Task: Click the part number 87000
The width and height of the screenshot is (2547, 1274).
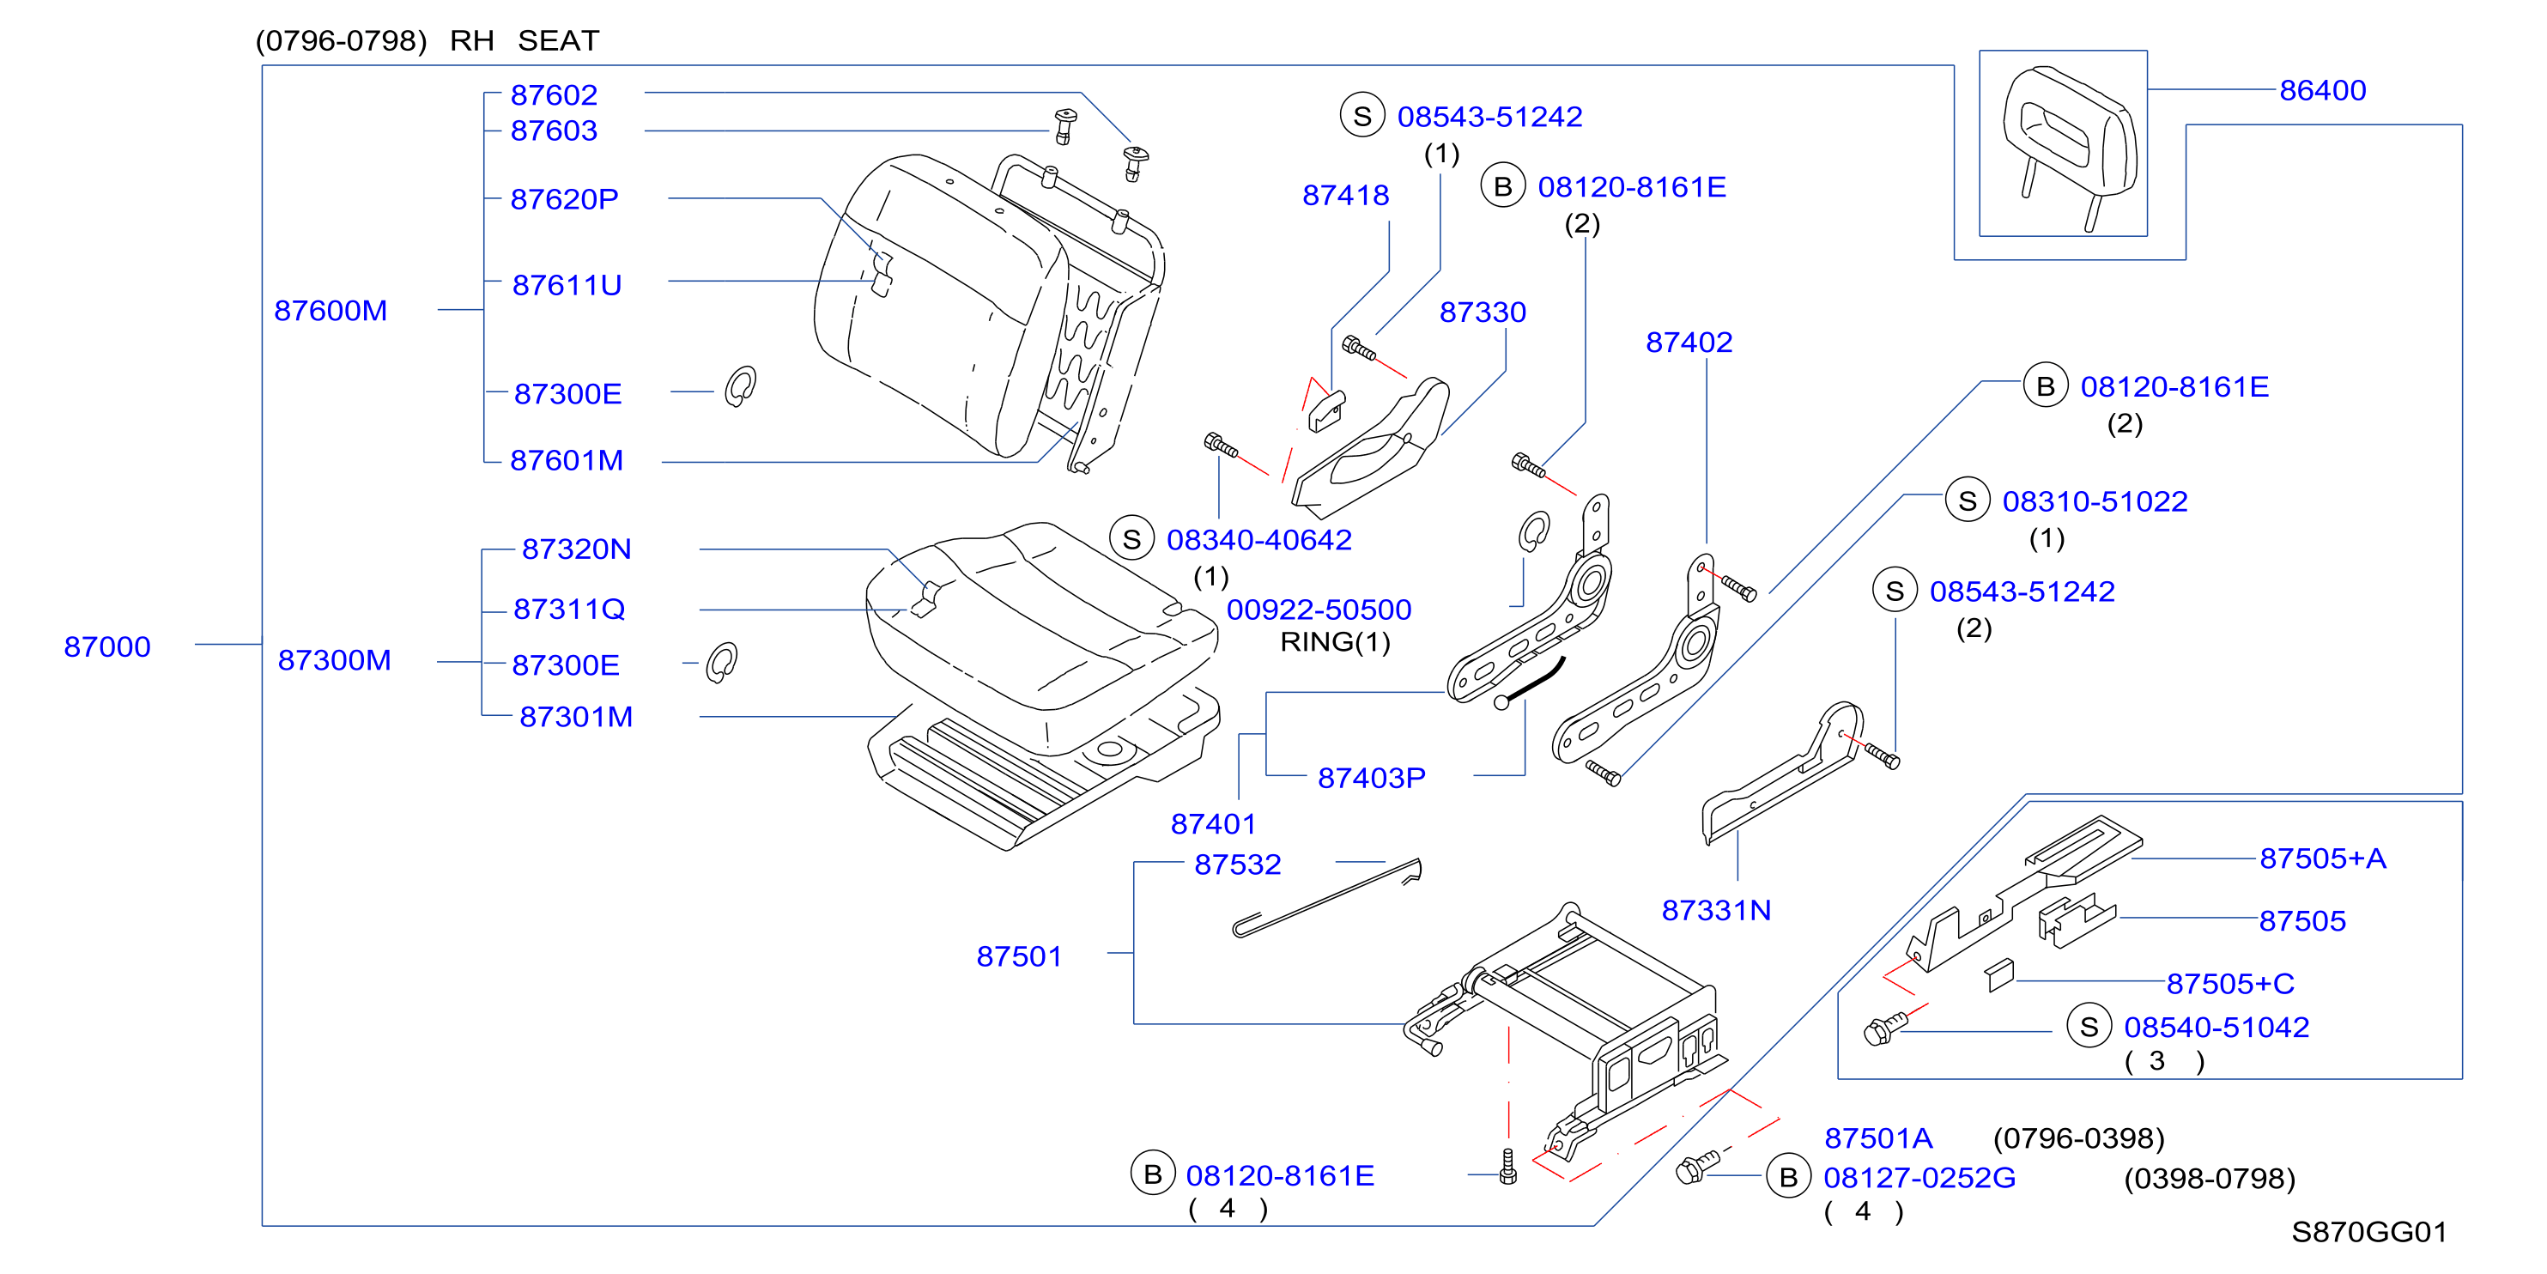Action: click(x=106, y=647)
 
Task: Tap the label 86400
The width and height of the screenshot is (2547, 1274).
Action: click(x=2323, y=91)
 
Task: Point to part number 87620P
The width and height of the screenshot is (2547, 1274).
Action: click(x=564, y=200)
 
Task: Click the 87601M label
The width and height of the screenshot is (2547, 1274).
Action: click(x=567, y=461)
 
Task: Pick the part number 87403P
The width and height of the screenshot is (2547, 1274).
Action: click(x=1372, y=779)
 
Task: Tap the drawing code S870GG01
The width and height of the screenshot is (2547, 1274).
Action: click(x=2369, y=1233)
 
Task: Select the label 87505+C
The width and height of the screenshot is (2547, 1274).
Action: click(x=2230, y=984)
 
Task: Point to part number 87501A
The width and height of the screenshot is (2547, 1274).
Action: click(x=1878, y=1138)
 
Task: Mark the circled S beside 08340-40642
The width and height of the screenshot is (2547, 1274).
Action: click(x=1132, y=539)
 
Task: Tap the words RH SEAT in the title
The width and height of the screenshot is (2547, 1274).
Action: click(x=524, y=41)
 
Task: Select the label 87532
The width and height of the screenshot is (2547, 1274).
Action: click(x=1238, y=865)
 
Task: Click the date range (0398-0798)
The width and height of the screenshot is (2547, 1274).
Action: click(x=2210, y=1179)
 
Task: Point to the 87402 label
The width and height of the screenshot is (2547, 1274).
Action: click(x=1689, y=343)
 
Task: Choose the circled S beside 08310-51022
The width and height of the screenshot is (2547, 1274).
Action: click(x=1968, y=500)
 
